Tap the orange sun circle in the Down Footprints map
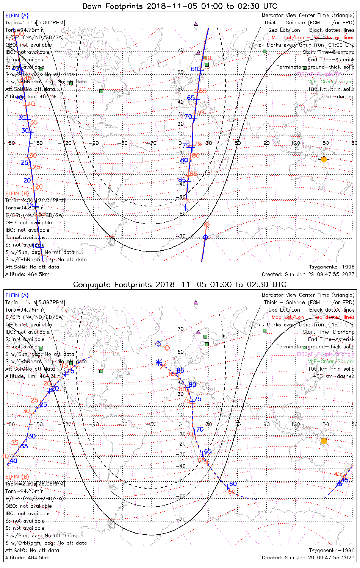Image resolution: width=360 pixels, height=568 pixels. [324, 159]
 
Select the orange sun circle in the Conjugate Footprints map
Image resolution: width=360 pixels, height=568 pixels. [324, 441]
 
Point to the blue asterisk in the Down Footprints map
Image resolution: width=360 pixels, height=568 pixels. [186, 207]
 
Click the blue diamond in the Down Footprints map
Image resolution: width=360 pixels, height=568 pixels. [205, 237]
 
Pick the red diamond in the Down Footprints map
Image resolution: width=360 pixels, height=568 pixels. [207, 225]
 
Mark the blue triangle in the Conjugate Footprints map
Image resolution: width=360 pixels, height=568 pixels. [340, 483]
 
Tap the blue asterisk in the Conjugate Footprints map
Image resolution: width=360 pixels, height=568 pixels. [158, 363]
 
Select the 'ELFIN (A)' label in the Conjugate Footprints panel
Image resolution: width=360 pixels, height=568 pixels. [17, 295]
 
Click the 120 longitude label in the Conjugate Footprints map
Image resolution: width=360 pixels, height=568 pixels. [296, 424]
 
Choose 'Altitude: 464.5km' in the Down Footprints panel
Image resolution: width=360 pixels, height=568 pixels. [27, 275]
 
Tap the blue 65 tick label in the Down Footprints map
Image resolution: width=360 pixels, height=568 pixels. [191, 98]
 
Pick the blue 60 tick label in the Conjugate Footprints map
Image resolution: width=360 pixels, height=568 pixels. [233, 484]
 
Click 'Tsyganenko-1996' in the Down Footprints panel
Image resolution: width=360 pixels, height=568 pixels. [332, 267]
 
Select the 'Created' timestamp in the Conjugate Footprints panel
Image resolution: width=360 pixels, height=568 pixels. [308, 558]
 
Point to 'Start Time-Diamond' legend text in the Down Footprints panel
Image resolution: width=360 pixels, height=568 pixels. [329, 52]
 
